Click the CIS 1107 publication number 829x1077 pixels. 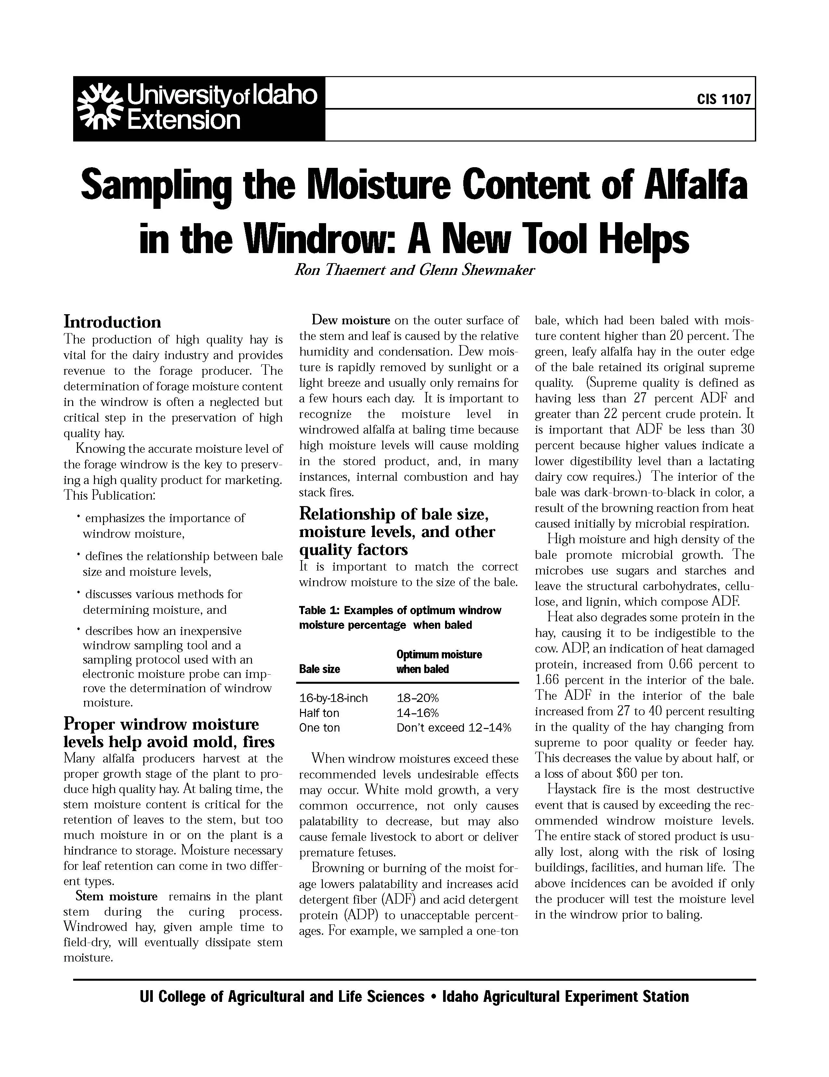pyautogui.click(x=724, y=100)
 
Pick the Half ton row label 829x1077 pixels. pyautogui.click(x=319, y=713)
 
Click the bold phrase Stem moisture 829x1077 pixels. pyautogui.click(x=116, y=896)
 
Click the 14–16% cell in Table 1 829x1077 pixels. pyautogui.click(x=417, y=713)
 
